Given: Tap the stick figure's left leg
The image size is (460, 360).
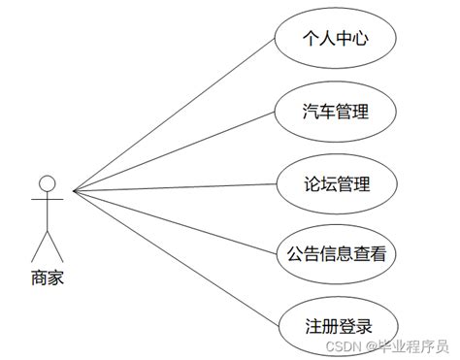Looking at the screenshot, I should pos(39,246).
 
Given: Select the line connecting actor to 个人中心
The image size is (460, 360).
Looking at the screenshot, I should pos(175,115).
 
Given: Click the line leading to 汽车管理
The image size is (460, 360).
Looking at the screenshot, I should pos(175,151).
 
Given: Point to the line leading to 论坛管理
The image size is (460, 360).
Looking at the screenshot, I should pos(175,187).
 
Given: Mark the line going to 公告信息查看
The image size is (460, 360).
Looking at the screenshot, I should pos(175,222).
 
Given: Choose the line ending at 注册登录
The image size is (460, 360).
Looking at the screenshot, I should pos(175,258).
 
